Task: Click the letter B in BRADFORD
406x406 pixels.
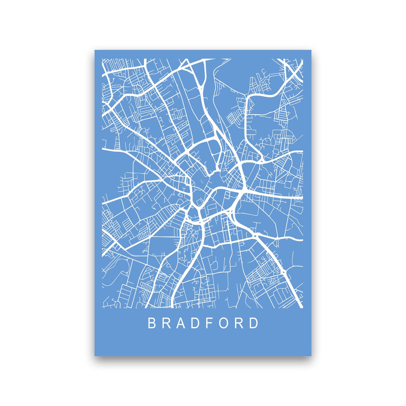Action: click(x=151, y=323)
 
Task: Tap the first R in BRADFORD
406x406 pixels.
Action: click(x=166, y=323)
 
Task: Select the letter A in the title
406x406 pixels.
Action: click(x=181, y=323)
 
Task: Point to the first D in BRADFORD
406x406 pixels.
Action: click(x=196, y=323)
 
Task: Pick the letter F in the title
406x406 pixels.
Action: click(x=210, y=323)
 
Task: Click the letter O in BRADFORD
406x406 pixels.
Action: click(x=224, y=323)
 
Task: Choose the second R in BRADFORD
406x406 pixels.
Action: click(x=240, y=323)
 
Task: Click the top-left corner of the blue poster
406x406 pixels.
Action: click(x=95, y=50)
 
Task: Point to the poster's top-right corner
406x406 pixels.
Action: click(x=311, y=50)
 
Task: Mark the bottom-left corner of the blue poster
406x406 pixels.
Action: click(x=95, y=356)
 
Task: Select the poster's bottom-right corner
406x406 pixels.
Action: click(x=311, y=356)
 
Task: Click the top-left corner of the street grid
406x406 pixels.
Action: click(x=102, y=59)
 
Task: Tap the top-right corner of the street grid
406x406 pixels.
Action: click(x=303, y=59)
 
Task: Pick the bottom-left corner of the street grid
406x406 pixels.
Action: click(x=102, y=308)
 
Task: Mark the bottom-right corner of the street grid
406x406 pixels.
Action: click(x=303, y=308)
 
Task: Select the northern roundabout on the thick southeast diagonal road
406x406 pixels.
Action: click(x=255, y=235)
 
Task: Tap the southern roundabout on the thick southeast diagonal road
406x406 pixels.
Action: click(x=283, y=272)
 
